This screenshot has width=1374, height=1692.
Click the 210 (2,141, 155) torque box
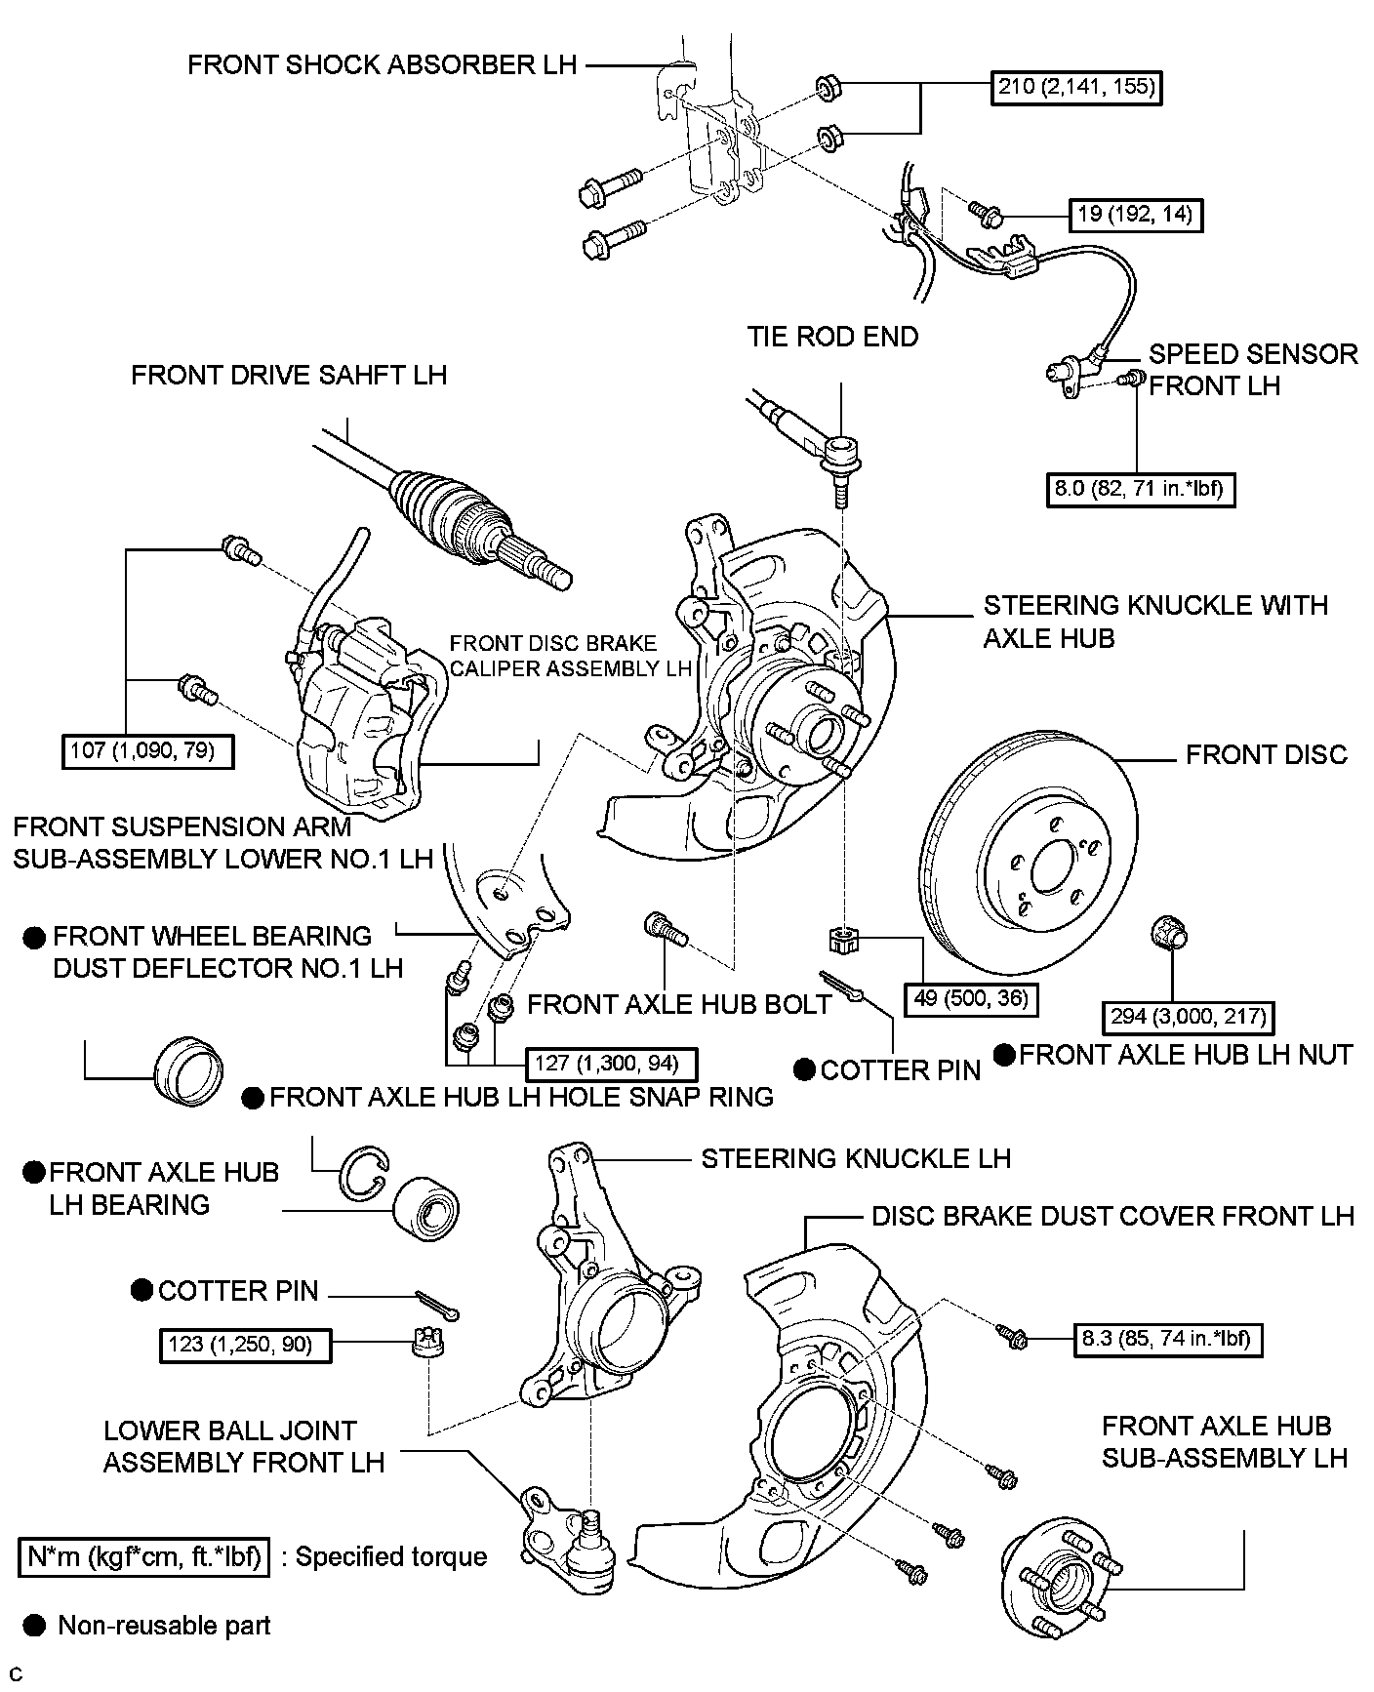pos(1077,87)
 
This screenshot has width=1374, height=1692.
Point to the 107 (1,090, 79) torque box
pos(147,751)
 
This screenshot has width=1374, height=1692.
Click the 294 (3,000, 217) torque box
pos(1188,1017)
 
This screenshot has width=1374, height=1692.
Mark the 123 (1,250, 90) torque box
pos(244,1345)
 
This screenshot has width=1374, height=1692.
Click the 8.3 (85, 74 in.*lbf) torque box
pos(1166,1338)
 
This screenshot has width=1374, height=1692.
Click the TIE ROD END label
pos(832,337)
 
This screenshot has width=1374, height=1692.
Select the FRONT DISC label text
pos(1266,754)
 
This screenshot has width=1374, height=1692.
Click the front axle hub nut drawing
pos(1168,934)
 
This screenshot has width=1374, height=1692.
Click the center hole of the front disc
pos(1051,866)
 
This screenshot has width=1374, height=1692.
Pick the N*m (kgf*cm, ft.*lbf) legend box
pos(143,1555)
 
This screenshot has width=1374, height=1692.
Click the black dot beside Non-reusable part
pos(35,1625)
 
